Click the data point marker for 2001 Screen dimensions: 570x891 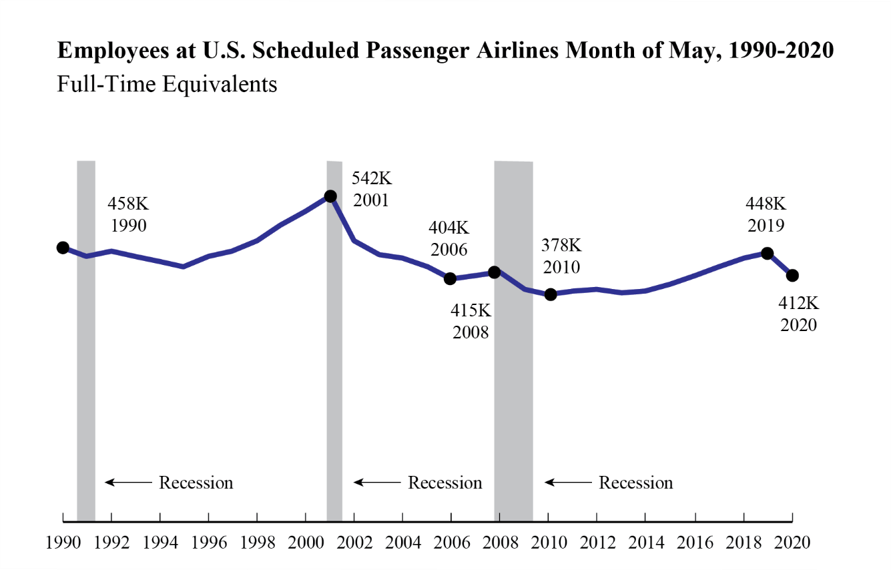tap(330, 196)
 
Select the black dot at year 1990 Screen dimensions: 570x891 tap(63, 248)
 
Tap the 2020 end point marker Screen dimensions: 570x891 tap(792, 275)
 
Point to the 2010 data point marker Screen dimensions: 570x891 tap(550, 294)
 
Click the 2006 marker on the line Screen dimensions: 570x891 tap(451, 278)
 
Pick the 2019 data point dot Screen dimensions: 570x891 tap(768, 253)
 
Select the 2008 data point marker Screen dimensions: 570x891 tap(494, 272)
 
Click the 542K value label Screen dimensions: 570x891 tap(371, 179)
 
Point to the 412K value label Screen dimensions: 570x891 tap(798, 303)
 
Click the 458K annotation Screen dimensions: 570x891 tap(128, 204)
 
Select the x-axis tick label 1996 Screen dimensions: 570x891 tap(209, 541)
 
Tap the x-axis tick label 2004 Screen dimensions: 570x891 tap(403, 541)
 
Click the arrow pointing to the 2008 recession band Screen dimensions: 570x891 tap(567, 483)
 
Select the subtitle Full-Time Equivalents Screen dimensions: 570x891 tap(167, 84)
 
